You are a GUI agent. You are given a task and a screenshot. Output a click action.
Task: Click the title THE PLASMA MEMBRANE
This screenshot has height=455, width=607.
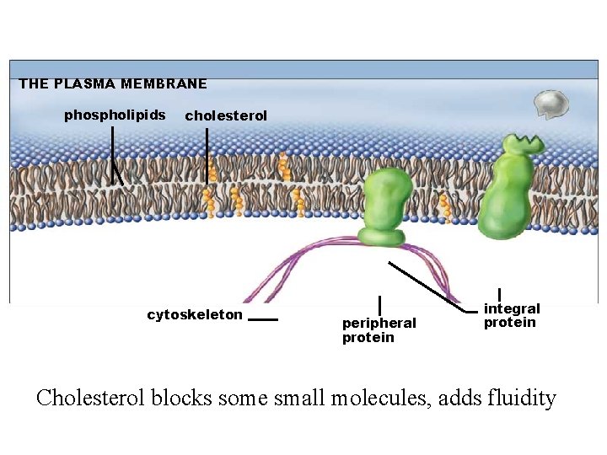(x=113, y=83)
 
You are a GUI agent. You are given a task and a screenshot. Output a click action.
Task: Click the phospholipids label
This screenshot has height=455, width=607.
(x=115, y=115)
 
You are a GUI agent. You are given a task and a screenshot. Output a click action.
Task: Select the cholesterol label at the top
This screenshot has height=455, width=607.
(x=226, y=115)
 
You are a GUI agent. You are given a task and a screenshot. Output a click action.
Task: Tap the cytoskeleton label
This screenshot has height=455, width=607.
(x=195, y=315)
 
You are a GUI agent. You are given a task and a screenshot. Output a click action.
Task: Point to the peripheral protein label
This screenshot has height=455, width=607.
(x=379, y=330)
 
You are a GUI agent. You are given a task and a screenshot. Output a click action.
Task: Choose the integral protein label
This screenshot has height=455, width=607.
(x=512, y=316)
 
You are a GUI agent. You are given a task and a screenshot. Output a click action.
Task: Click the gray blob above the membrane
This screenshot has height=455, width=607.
(x=553, y=104)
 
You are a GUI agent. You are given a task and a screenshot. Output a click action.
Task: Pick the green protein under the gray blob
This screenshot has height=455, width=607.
(x=508, y=190)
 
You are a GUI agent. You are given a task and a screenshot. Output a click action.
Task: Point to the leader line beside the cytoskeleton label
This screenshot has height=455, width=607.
(x=263, y=320)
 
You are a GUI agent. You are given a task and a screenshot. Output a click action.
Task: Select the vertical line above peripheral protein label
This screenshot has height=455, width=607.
(x=380, y=306)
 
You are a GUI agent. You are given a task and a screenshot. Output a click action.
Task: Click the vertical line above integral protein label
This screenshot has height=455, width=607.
(x=500, y=296)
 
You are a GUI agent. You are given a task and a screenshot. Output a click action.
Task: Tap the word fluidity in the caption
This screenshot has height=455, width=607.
(x=522, y=397)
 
